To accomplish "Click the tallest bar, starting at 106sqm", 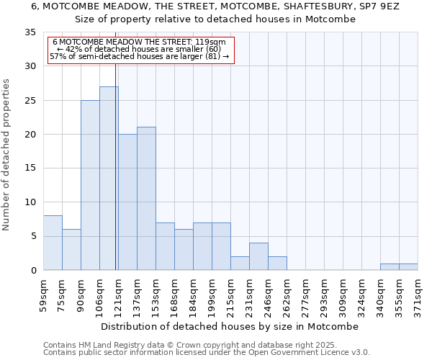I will (x=109, y=179).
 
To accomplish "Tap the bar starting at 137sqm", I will (x=146, y=199).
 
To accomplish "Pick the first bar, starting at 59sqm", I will (x=53, y=243).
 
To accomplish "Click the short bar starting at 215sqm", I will (x=240, y=264).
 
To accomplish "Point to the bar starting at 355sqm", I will (x=408, y=267).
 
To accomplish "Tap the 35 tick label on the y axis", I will (x=30, y=32).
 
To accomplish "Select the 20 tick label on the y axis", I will (x=30, y=135).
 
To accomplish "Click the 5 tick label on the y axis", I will (x=33, y=236).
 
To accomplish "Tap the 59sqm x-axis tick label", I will (x=43, y=294).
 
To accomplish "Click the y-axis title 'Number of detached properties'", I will (x=6, y=155).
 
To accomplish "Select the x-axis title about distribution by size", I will (x=230, y=326).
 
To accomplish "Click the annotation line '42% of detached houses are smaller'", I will (x=138, y=49).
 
